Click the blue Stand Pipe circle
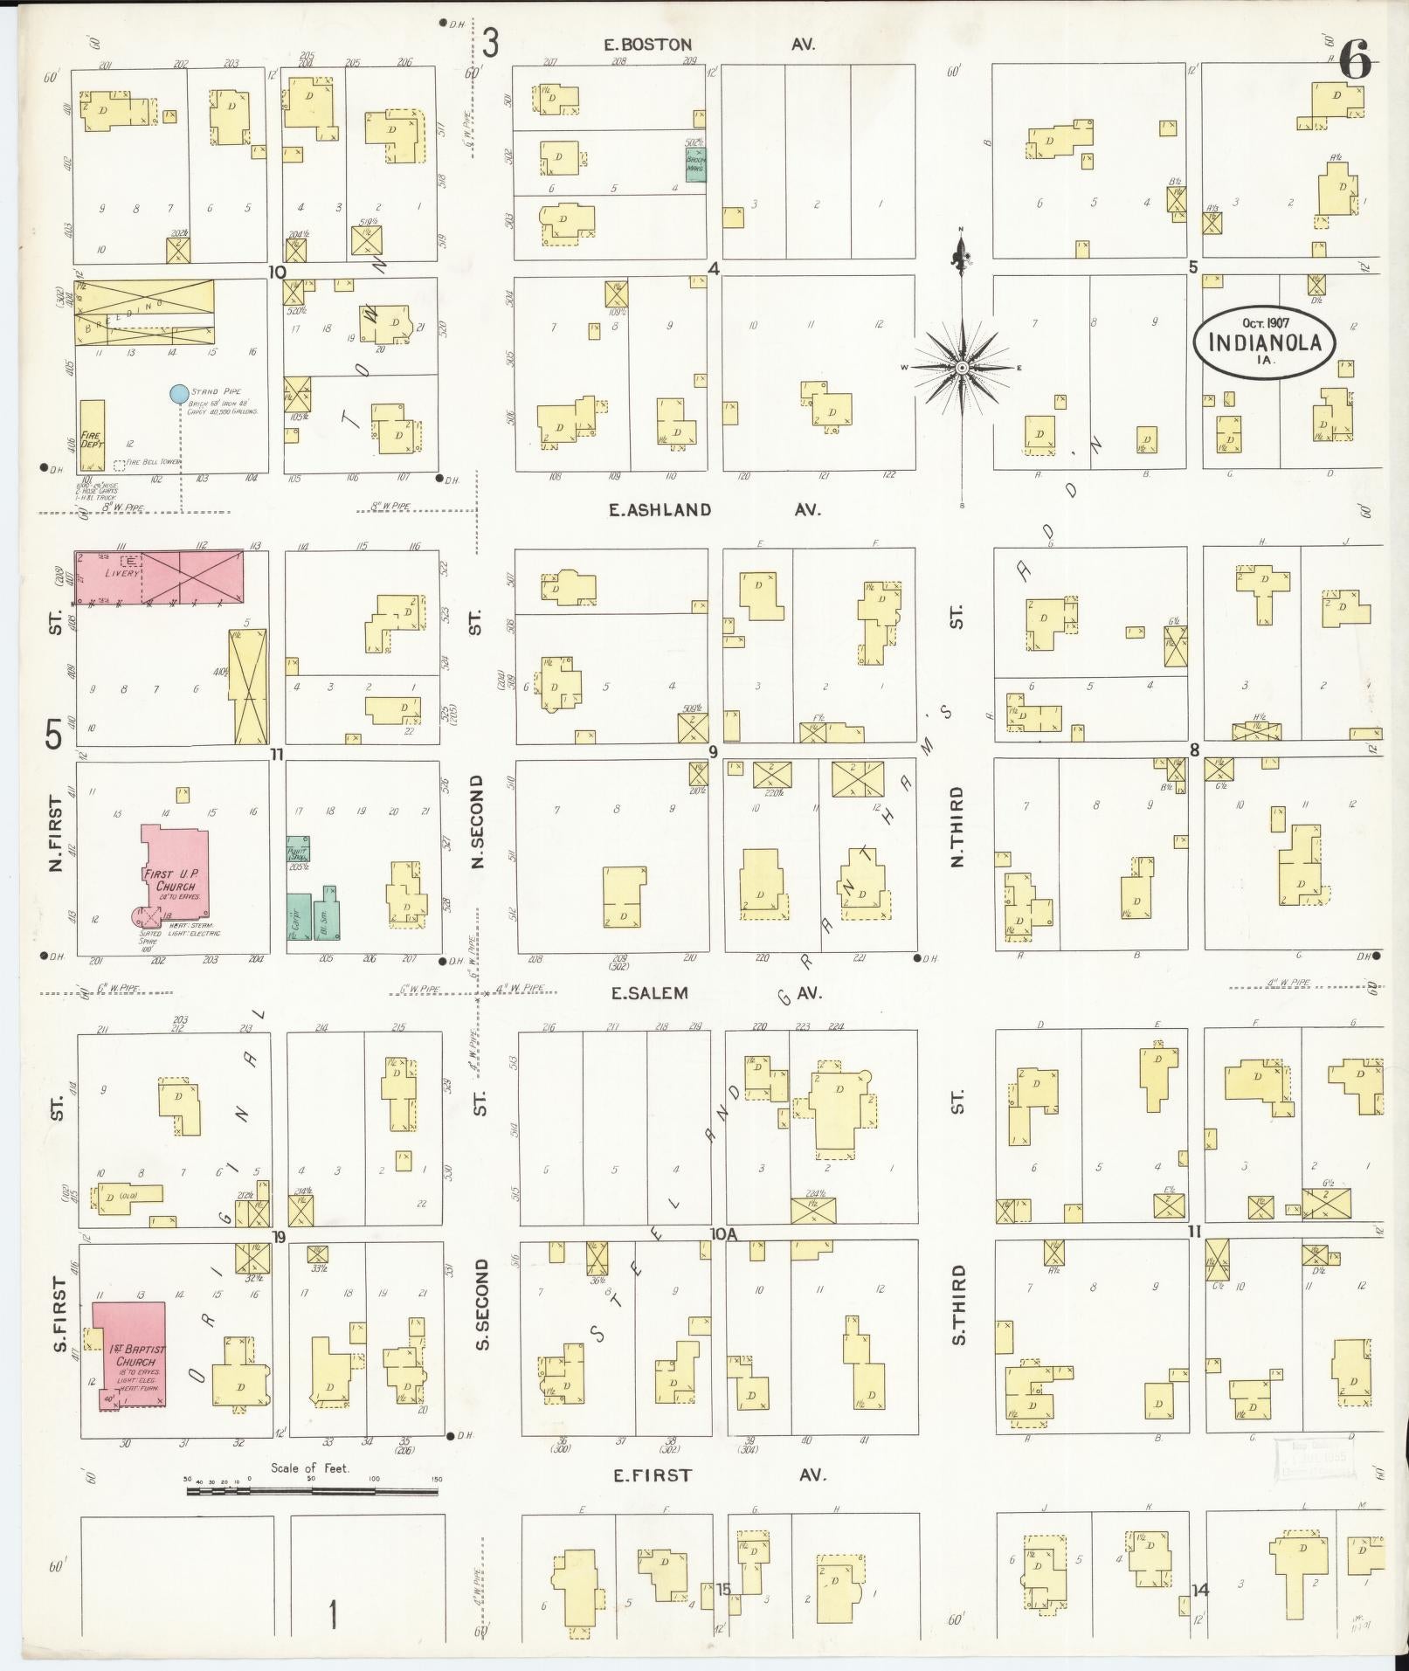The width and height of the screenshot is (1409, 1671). [179, 394]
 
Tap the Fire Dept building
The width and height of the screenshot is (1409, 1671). [92, 437]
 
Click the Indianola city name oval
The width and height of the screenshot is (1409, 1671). [1264, 340]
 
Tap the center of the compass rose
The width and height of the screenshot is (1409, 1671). [961, 368]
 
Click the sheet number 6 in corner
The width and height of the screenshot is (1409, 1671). [1355, 63]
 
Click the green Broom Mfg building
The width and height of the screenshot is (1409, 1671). [695, 163]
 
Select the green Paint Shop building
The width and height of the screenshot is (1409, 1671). [299, 848]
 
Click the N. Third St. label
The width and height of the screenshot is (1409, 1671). [957, 825]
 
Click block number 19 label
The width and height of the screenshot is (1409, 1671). [280, 1236]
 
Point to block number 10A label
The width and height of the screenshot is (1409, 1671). [724, 1234]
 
